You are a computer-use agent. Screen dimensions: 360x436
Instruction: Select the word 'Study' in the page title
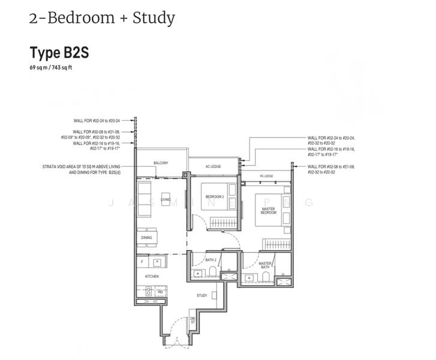155,17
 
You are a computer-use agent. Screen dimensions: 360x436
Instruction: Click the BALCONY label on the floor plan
160,163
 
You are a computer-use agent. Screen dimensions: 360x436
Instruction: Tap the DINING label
146,238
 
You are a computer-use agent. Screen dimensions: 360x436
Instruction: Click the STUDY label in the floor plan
202,295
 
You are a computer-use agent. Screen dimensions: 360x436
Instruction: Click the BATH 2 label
210,260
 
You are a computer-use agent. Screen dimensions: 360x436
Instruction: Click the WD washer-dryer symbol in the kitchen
160,291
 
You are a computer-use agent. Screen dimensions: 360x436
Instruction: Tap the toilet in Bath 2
213,274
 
